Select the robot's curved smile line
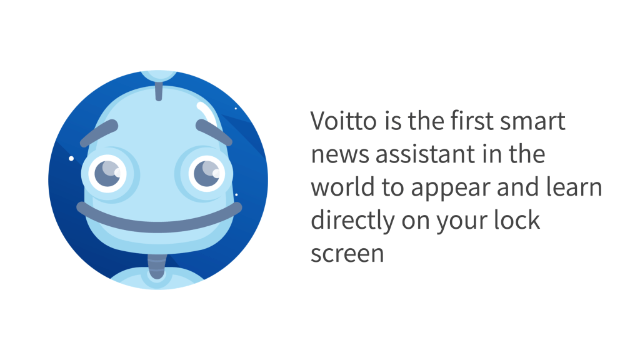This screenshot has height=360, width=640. click(x=159, y=218)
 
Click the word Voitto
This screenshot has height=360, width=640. click(x=343, y=121)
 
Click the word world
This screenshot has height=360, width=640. click(x=341, y=187)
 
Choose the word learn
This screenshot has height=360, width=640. click(x=571, y=187)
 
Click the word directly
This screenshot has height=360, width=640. click(x=353, y=221)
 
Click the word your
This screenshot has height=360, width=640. click(x=456, y=221)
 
